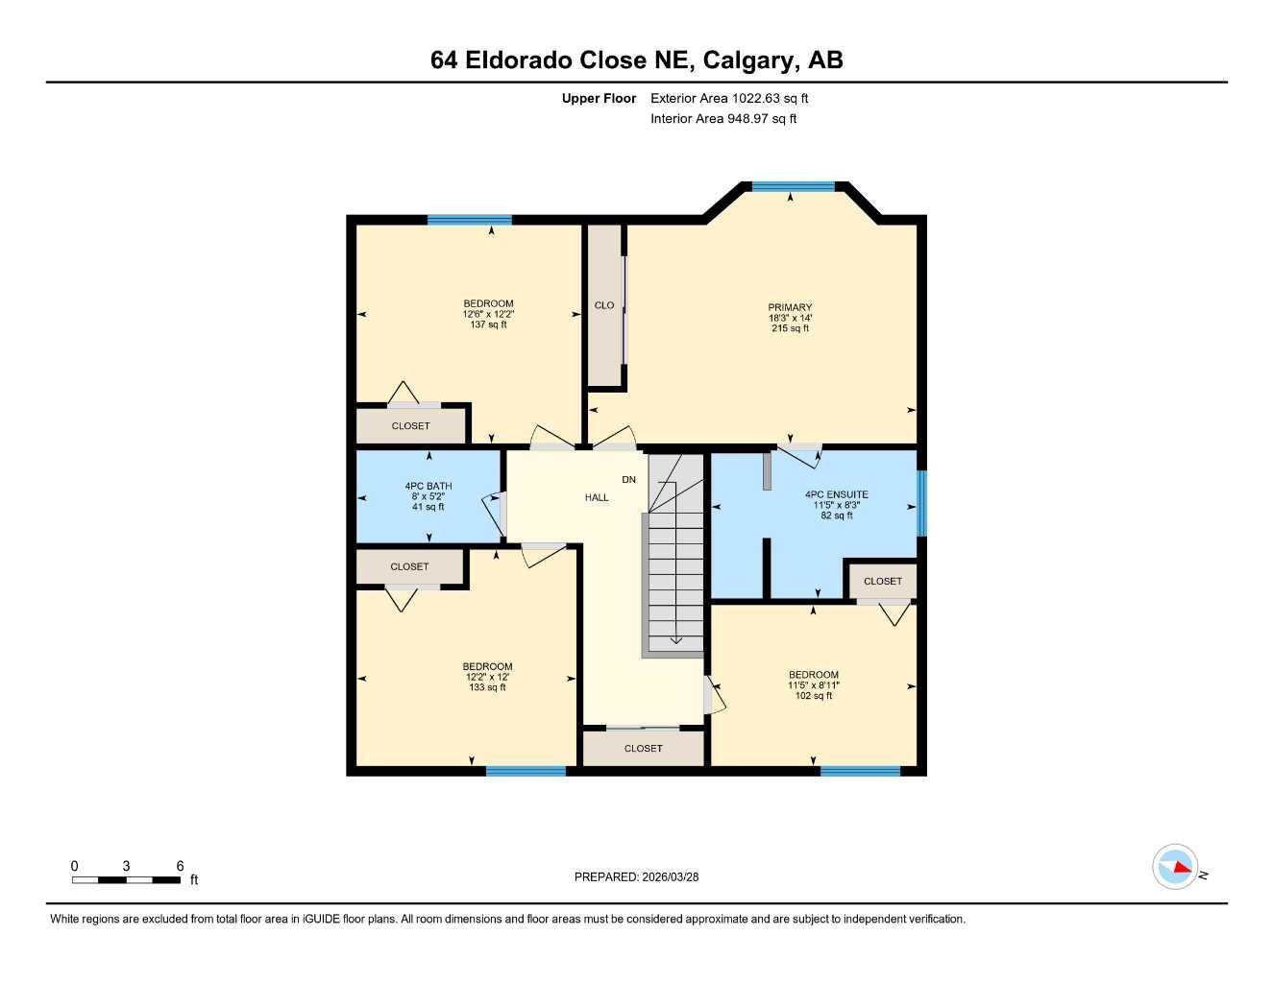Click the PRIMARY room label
pos(790,307)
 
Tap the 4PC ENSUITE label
pos(836,494)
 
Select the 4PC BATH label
pos(428,486)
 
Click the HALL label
pos(597,497)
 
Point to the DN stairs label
pos(628,479)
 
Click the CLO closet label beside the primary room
pos(604,305)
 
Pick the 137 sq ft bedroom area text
pos(488,324)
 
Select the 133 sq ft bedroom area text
pos(487,687)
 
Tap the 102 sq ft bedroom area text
pos(813,696)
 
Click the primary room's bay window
pos(793,187)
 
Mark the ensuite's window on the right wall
pos(921,503)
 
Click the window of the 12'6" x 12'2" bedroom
pos(469,220)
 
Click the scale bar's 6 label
pos(180,866)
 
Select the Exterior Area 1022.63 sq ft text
pos(729,98)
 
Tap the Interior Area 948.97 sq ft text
pos(723,119)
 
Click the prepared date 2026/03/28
pos(670,876)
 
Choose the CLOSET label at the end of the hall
pos(643,748)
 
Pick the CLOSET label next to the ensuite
pos(882,581)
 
